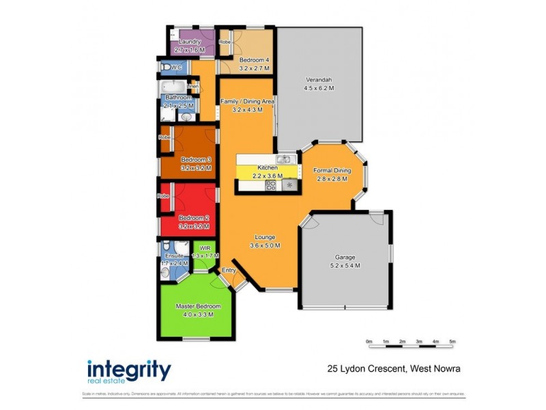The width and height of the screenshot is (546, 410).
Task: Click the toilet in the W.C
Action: [165, 68]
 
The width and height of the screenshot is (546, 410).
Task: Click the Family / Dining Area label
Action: [247, 101]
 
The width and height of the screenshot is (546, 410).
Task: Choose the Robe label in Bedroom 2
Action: [163, 196]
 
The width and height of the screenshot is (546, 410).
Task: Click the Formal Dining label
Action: [332, 170]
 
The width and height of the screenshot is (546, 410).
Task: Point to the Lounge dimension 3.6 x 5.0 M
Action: [265, 245]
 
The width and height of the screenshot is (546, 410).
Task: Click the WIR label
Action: [204, 248]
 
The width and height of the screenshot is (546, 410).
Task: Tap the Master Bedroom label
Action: [198, 305]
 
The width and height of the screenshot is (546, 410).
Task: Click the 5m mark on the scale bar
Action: [452, 340]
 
